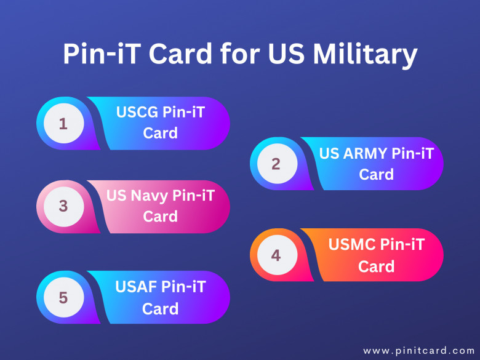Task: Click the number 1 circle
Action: pyautogui.click(x=63, y=123)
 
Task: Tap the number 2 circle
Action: pyautogui.click(x=277, y=164)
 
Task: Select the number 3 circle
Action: pyautogui.click(x=63, y=207)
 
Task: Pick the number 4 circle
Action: pyautogui.click(x=277, y=255)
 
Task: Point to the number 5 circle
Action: pyautogui.click(x=63, y=297)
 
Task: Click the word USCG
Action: pyautogui.click(x=137, y=112)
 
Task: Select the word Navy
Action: pyautogui.click(x=150, y=196)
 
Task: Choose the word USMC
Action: pyautogui.click(x=351, y=244)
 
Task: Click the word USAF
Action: pyautogui.click(x=136, y=287)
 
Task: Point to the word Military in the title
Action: pyautogui.click(x=365, y=54)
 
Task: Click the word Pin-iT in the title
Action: pyautogui.click(x=101, y=54)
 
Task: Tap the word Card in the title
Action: pyautogui.click(x=180, y=54)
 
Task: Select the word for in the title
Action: pyautogui.click(x=240, y=54)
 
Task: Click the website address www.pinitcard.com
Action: pyautogui.click(x=419, y=350)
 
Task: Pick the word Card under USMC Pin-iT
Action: pyautogui.click(x=376, y=266)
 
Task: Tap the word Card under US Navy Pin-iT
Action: pyautogui.click(x=160, y=216)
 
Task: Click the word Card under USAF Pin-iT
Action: pyautogui.click(x=160, y=308)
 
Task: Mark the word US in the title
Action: pyautogui.click(x=286, y=54)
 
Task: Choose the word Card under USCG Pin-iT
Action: pyautogui.click(x=160, y=133)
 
